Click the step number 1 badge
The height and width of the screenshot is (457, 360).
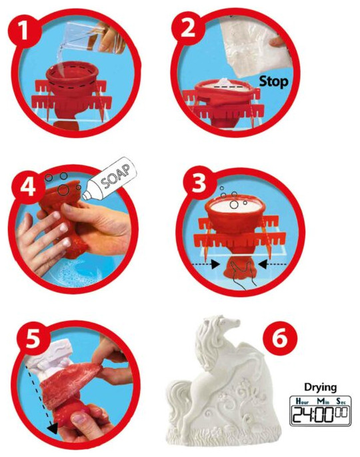tap(24, 29)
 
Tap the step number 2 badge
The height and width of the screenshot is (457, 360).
tap(188, 27)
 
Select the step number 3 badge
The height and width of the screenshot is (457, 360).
tap(199, 183)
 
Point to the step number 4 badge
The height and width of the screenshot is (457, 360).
tap(28, 187)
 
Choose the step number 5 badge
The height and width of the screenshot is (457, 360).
tap(33, 338)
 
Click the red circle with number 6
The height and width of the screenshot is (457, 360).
tap(280, 338)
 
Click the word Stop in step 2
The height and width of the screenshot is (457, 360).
tap(273, 81)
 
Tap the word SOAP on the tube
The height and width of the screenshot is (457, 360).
tap(115, 177)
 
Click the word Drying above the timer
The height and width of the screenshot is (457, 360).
tap(320, 387)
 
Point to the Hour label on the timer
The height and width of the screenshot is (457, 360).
tap(302, 401)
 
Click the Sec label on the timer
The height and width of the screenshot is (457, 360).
tap(341, 401)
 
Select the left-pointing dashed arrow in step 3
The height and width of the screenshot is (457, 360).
tap(273, 264)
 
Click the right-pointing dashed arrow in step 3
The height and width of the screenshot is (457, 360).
tap(206, 264)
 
